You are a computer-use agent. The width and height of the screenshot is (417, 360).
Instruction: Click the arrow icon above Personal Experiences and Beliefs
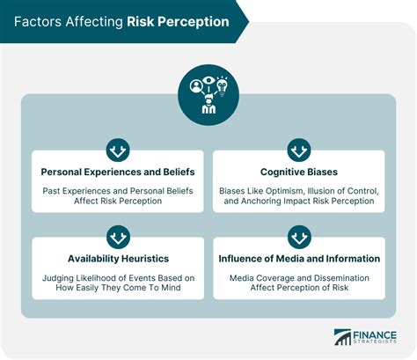[x=117, y=148]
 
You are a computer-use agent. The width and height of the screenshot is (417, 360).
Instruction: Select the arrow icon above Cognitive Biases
[x=299, y=148]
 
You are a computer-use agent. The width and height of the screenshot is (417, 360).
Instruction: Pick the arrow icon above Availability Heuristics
[x=117, y=236]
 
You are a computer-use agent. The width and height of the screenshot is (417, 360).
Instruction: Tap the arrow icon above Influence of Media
[x=299, y=236]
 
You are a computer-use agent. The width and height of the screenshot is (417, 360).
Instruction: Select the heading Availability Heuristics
[x=117, y=259]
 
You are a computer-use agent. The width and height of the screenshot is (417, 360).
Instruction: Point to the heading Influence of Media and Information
[x=299, y=259]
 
